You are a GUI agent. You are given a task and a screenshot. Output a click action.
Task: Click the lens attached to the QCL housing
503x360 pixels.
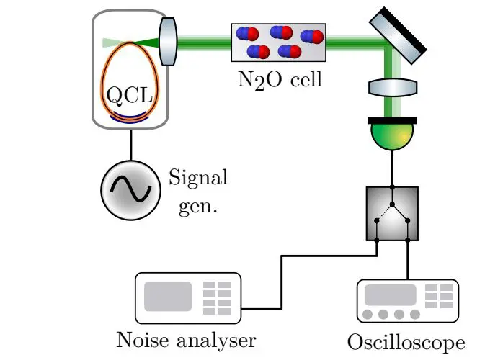(x=167, y=42)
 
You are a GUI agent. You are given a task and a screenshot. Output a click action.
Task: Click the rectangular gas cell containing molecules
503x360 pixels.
(x=278, y=42)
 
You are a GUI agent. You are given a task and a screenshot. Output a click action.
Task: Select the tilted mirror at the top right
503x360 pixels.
(x=398, y=35)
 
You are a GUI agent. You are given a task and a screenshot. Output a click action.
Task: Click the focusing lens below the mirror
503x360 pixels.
(x=393, y=88)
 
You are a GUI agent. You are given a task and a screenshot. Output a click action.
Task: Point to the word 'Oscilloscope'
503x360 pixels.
(x=406, y=342)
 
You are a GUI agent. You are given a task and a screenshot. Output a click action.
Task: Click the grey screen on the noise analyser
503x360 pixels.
(x=168, y=296)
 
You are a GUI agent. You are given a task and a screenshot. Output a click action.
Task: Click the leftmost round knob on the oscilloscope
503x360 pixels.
(x=370, y=315)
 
